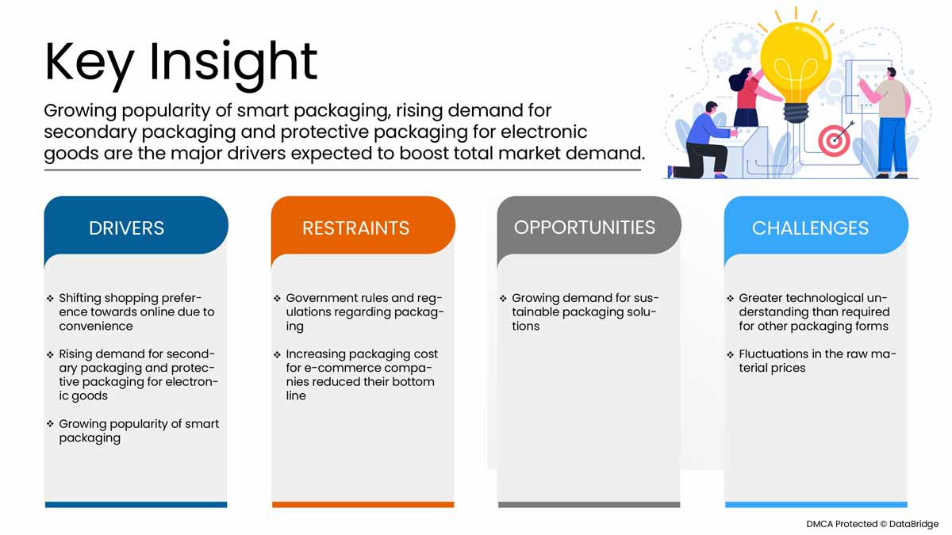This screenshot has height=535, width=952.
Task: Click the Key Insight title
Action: point(181,62)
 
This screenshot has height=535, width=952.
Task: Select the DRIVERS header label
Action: point(127,228)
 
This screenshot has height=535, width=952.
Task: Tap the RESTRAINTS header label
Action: point(355,228)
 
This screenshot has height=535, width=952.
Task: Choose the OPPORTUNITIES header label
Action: point(585,227)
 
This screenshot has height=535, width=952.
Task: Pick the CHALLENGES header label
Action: point(810,228)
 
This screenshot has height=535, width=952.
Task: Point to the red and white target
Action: point(833,141)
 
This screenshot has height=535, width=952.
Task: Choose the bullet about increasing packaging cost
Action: point(361,375)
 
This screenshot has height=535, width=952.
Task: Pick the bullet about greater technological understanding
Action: point(813,312)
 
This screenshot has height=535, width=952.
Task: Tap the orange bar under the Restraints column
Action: point(363,504)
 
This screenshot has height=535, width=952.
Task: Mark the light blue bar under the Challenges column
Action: point(816,504)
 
